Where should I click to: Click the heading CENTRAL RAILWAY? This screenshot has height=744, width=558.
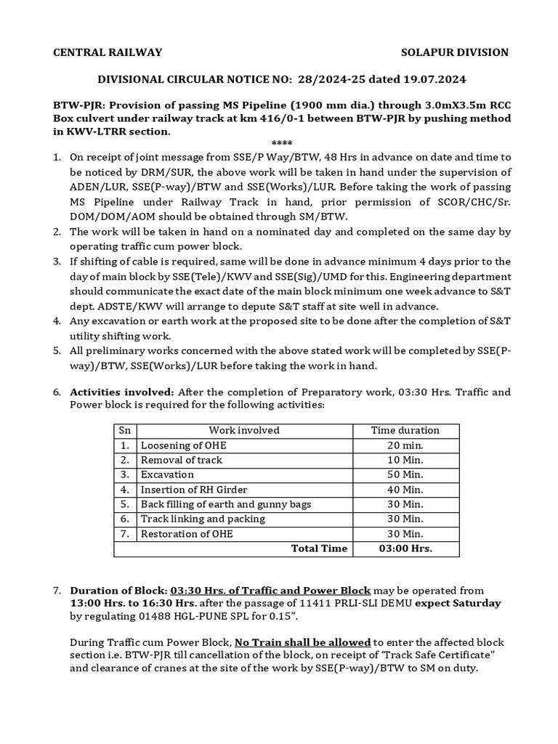click(108, 52)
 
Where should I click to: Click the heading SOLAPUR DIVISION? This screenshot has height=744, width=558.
click(456, 52)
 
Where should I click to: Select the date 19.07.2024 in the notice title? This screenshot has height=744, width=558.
click(438, 78)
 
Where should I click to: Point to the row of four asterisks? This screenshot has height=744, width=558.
click(280, 143)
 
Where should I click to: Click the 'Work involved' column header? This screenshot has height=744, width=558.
click(244, 430)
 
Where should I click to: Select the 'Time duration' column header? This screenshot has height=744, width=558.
click(405, 430)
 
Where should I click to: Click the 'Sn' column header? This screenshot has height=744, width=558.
click(125, 430)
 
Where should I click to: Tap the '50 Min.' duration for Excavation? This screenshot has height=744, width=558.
click(405, 474)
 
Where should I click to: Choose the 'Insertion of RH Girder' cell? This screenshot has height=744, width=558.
click(192, 490)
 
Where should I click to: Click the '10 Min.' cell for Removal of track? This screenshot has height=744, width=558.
click(405, 460)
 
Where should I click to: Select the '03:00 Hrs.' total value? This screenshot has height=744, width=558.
click(405, 549)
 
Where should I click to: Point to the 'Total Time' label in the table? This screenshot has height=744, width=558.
click(319, 549)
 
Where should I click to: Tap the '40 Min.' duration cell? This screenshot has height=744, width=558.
click(405, 490)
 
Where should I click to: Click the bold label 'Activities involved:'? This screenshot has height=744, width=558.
click(121, 392)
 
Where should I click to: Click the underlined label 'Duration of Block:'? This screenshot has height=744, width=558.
click(118, 590)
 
